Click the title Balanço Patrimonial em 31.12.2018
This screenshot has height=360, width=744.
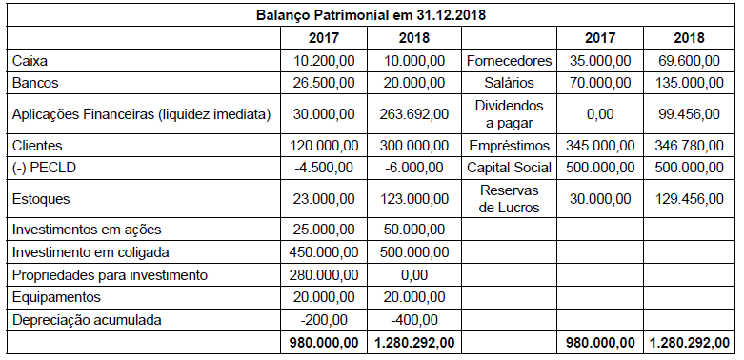coord(372,16)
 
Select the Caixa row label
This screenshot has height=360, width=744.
coord(30,62)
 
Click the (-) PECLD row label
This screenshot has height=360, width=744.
coord(39,168)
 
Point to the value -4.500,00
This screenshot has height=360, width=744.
coord(326,168)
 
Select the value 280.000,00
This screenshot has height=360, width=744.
coord(326,275)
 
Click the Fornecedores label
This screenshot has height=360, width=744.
coord(509,62)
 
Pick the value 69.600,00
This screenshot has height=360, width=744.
coord(690,62)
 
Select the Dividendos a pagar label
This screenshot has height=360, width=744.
coord(509,114)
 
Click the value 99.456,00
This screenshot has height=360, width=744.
coord(690,114)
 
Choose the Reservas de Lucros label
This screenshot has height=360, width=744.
coord(509,199)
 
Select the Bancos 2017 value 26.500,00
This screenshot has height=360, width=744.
coord(326,83)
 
